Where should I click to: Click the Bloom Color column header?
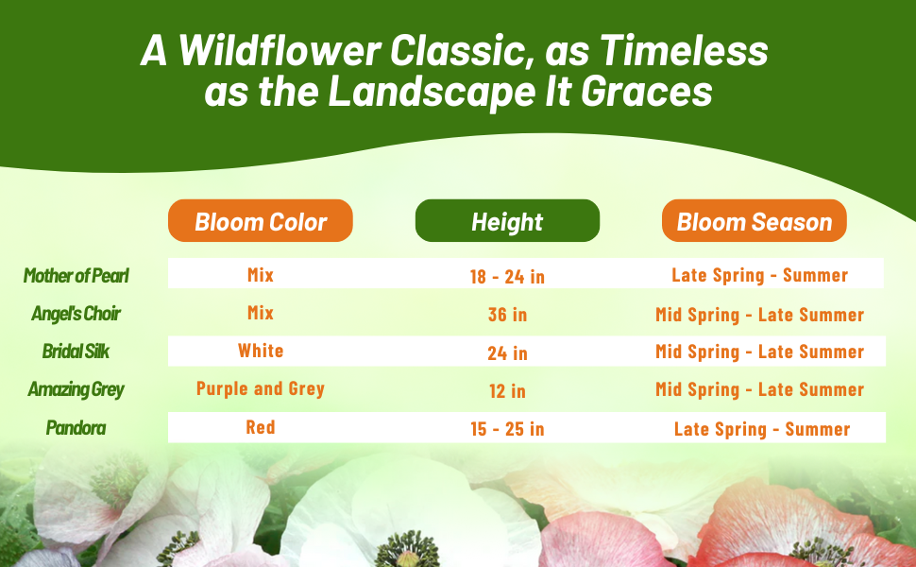tap(261, 221)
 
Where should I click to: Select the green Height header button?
tap(507, 221)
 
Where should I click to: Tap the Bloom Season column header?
tap(755, 221)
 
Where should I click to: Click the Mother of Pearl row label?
tap(76, 276)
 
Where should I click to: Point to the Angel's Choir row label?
tap(76, 314)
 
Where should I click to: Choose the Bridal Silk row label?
tap(76, 352)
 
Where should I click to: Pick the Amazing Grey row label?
tap(76, 390)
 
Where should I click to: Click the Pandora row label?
tap(76, 428)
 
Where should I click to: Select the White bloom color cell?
tap(261, 351)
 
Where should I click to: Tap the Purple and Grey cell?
tap(261, 388)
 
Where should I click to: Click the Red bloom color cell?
tap(261, 427)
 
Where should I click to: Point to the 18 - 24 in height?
tap(507, 277)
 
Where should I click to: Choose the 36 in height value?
tap(507, 315)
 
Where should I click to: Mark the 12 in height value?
tap(507, 391)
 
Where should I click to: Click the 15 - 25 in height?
tap(507, 429)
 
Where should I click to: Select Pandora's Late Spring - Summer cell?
tap(762, 430)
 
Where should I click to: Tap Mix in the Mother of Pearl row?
tap(261, 275)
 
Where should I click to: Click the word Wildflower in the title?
tap(280, 50)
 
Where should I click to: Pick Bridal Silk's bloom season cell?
tap(759, 352)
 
